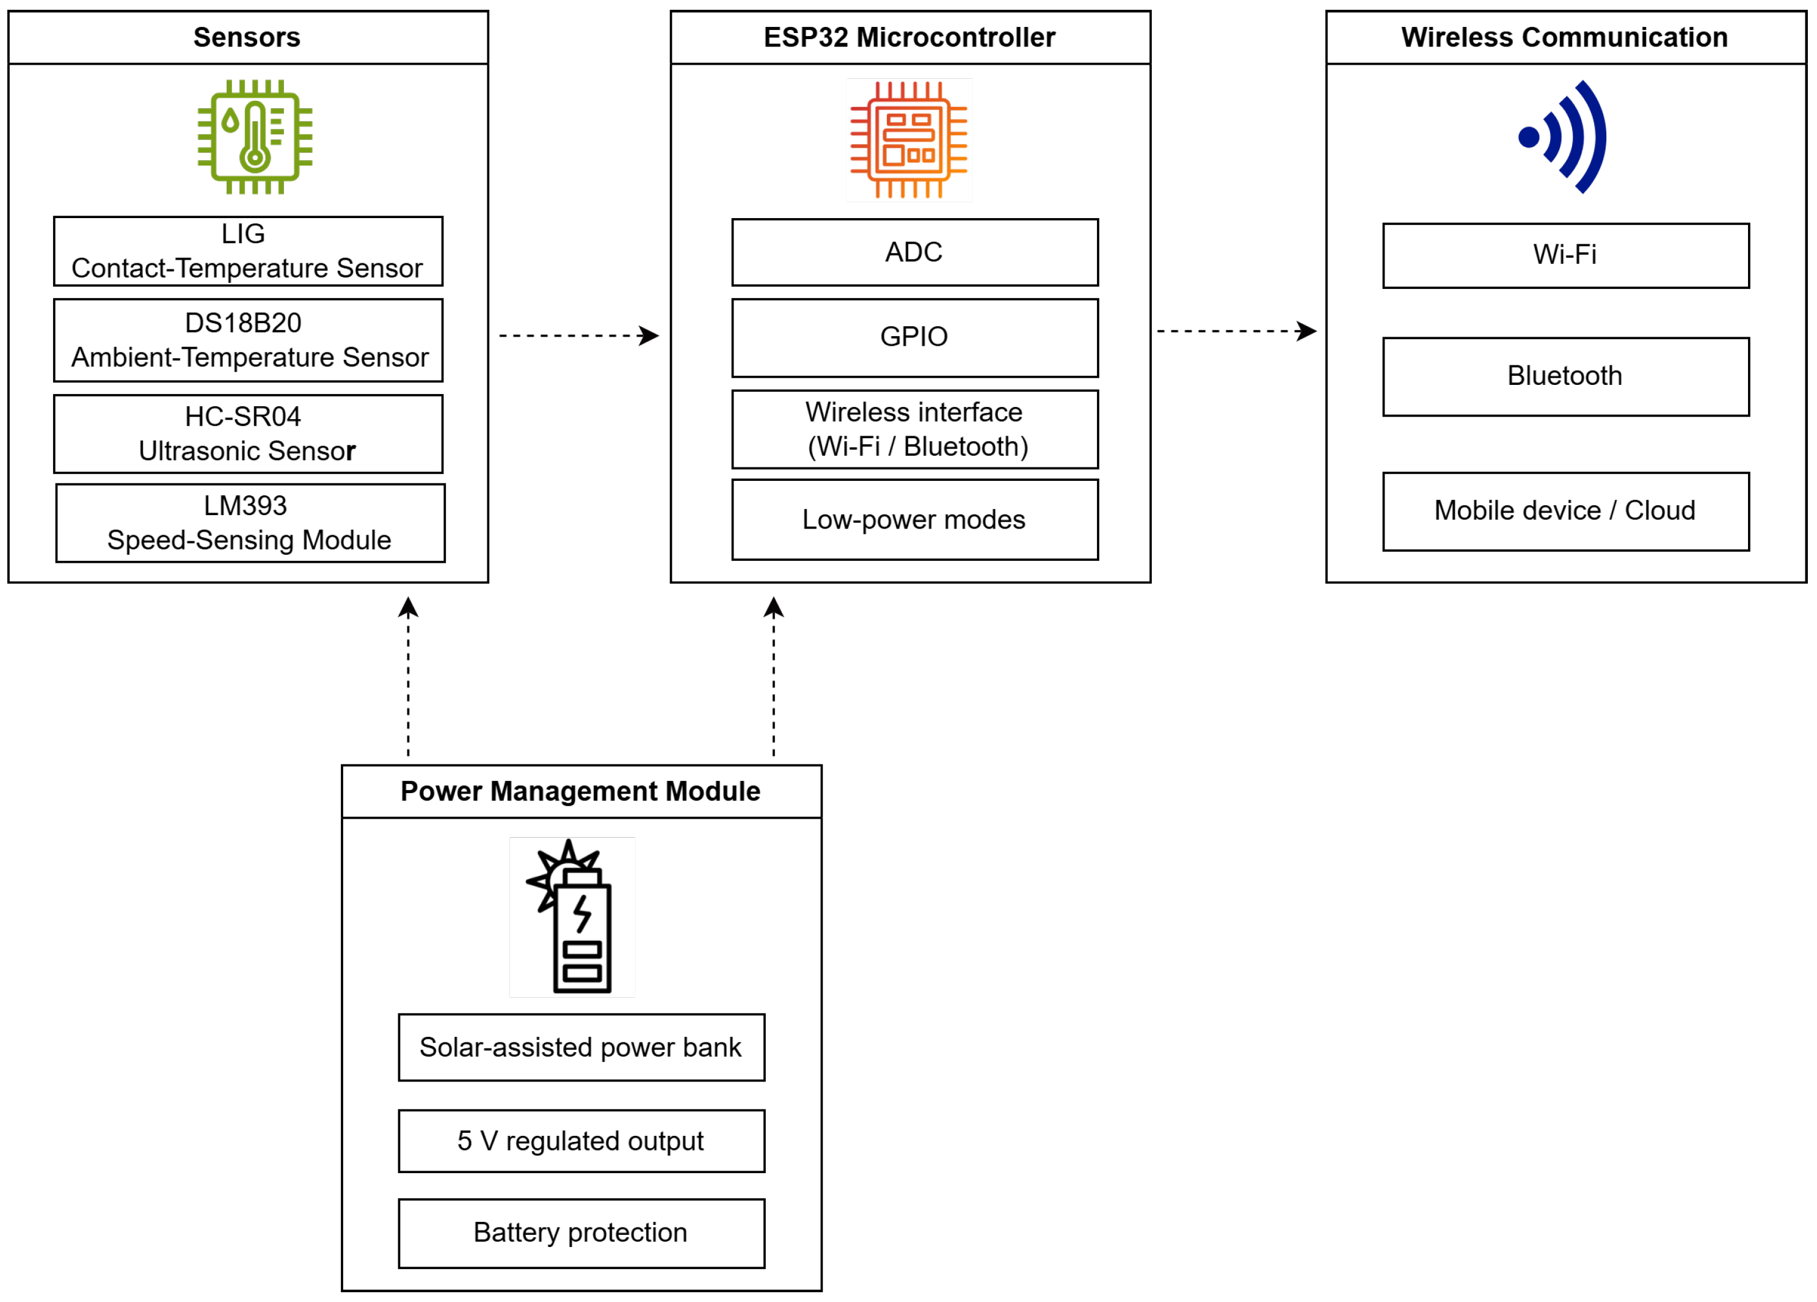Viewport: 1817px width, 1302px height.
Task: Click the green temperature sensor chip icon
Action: click(x=255, y=137)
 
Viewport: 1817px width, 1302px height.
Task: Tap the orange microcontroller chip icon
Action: click(x=909, y=140)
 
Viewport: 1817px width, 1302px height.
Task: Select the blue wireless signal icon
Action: click(x=1563, y=137)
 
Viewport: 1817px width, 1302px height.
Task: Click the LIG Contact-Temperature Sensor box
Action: click(x=249, y=251)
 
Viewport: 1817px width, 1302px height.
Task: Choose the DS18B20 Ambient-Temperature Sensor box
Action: click(x=249, y=340)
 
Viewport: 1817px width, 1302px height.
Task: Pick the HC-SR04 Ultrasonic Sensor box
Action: click(x=249, y=433)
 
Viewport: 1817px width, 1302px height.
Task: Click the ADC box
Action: click(x=915, y=252)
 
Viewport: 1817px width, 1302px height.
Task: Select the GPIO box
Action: click(x=915, y=338)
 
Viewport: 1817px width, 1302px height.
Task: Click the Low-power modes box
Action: click(x=915, y=520)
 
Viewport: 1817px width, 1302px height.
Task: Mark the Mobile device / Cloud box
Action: click(x=1566, y=512)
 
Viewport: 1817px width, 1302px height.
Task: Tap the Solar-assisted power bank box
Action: click(x=581, y=1048)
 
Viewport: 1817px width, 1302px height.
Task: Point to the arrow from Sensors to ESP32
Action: click(x=579, y=335)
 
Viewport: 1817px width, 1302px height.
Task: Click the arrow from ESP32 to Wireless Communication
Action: click(x=1237, y=331)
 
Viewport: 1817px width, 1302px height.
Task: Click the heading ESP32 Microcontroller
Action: click(x=909, y=38)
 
